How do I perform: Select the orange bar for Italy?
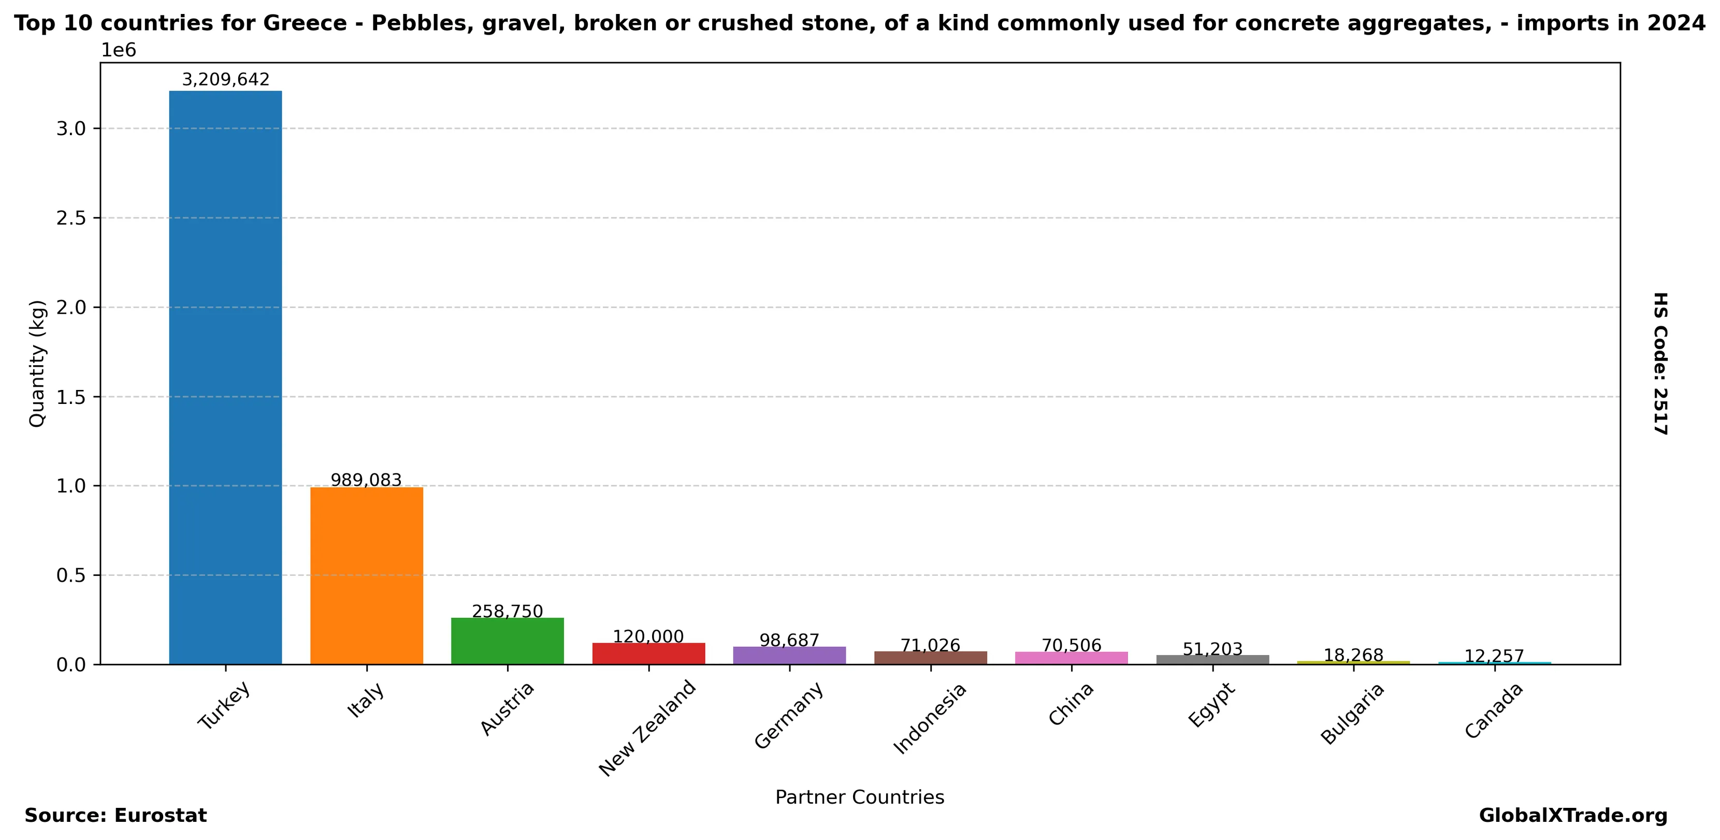coord(367,575)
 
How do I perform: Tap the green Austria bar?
coord(508,641)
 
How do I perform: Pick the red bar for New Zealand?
coord(648,654)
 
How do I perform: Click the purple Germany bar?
coord(789,656)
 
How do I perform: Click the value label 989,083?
coord(367,480)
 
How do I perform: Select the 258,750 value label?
coord(508,612)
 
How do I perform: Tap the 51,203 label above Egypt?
coord(1212,649)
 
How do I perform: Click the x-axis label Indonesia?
coord(930,718)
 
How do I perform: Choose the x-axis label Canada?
coord(1494,711)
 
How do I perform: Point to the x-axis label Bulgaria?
coord(1353,714)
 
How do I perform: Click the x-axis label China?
coord(1072,704)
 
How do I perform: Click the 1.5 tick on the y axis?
coord(71,397)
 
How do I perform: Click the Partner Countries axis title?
coord(859,797)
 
